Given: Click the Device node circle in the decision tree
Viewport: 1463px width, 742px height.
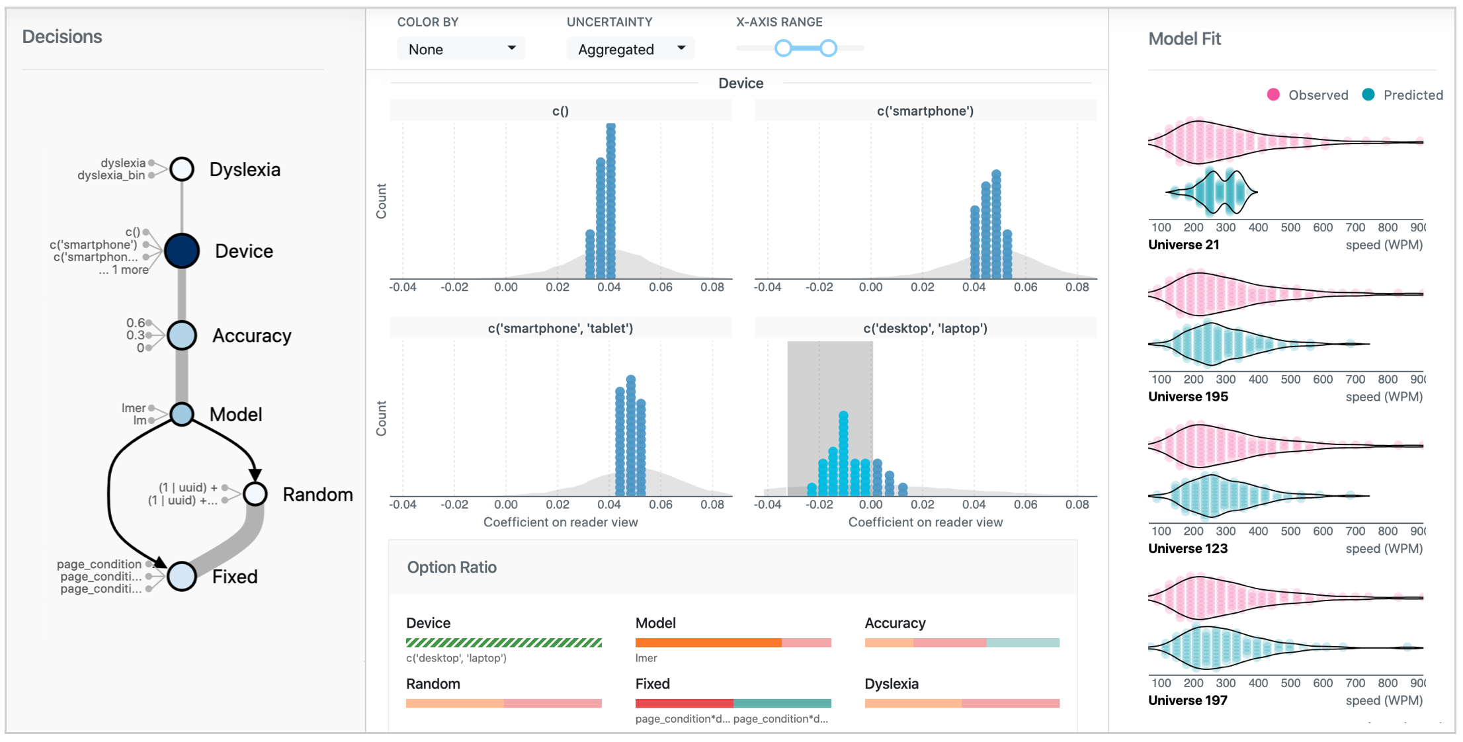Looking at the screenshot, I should pyautogui.click(x=182, y=251).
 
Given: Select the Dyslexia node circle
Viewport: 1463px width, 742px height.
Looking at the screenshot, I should pyautogui.click(x=182, y=169).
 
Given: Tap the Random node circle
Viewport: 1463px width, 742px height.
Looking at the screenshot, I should pyautogui.click(x=255, y=494).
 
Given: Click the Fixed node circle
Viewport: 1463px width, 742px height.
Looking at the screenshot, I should pyautogui.click(x=182, y=576).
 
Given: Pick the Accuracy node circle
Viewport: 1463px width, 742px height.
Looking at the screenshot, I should pyautogui.click(x=182, y=335).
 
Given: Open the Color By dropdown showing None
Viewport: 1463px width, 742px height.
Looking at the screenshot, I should pyautogui.click(x=461, y=49).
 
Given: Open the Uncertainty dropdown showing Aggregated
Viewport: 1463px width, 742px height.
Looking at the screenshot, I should pyautogui.click(x=630, y=49).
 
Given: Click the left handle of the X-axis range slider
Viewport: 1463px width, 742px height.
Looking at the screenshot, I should pyautogui.click(x=783, y=48).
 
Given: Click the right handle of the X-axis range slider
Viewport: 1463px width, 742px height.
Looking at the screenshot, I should pyautogui.click(x=828, y=48).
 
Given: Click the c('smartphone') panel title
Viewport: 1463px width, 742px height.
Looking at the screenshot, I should pyautogui.click(x=925, y=111).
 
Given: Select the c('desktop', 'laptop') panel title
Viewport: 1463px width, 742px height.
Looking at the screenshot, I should pyautogui.click(x=925, y=328).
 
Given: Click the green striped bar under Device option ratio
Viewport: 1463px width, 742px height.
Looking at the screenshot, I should pyautogui.click(x=503, y=642).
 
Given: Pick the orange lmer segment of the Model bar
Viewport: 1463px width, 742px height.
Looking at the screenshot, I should pyautogui.click(x=708, y=642).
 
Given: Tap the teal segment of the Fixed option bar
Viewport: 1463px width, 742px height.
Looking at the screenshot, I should pyautogui.click(x=782, y=703).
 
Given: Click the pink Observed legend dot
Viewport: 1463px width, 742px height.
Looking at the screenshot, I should pyautogui.click(x=1273, y=95).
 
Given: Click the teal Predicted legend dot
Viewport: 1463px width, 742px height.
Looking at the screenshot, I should pyautogui.click(x=1368, y=95).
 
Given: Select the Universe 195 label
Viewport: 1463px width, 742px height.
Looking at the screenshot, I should pyautogui.click(x=1188, y=397).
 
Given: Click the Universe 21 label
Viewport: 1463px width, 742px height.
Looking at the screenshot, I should pyautogui.click(x=1183, y=245).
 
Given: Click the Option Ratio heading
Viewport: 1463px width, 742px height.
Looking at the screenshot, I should pyautogui.click(x=452, y=567).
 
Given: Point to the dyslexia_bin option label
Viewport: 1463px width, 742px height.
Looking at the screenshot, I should pyautogui.click(x=111, y=175).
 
